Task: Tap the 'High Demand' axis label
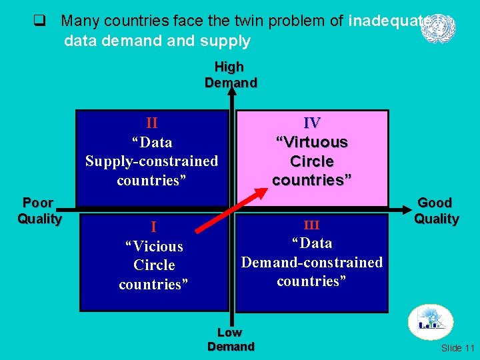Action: point(230,75)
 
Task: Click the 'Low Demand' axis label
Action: point(231,339)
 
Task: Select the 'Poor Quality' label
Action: point(39,211)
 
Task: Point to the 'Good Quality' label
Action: point(436,211)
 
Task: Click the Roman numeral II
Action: point(151,123)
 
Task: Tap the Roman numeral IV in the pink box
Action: point(311,123)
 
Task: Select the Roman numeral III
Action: point(311,225)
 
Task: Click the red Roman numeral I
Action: point(153,227)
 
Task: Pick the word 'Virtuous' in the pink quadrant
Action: point(312,142)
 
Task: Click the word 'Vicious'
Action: point(154,246)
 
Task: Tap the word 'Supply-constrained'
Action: point(151,161)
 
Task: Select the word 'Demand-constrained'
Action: point(312,262)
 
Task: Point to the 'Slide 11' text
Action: point(458,348)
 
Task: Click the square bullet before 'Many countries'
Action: point(39,21)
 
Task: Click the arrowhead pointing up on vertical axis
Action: point(231,95)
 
